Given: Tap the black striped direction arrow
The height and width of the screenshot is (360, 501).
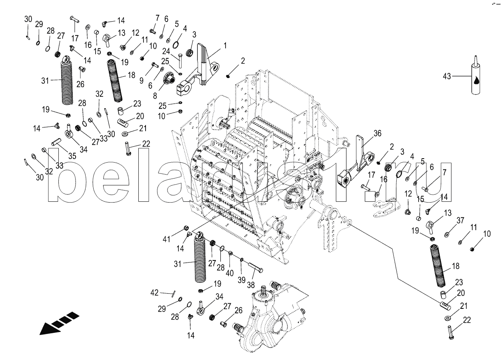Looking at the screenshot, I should (58, 322).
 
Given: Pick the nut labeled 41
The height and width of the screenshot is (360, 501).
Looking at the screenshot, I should (186, 229).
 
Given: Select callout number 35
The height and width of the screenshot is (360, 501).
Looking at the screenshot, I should (72, 155).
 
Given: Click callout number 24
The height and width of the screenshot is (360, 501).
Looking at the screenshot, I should (166, 51).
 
